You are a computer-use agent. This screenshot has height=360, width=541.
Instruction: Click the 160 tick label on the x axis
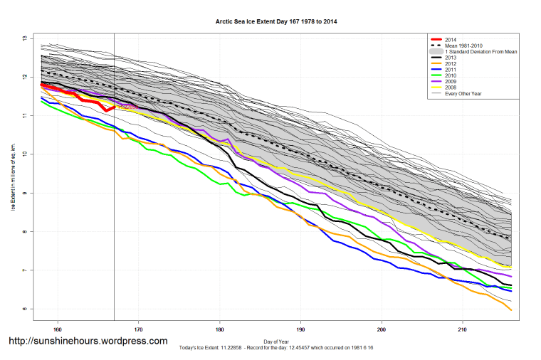58,329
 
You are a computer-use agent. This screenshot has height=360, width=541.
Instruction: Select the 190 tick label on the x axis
301,329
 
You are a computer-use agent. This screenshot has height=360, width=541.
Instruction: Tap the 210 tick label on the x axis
463,329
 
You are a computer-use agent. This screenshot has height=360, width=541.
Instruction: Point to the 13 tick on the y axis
24,38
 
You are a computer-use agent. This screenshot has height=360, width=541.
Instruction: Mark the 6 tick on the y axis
24,309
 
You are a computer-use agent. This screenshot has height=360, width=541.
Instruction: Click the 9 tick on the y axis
24,193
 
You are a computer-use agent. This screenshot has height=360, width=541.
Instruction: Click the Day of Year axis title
276,341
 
